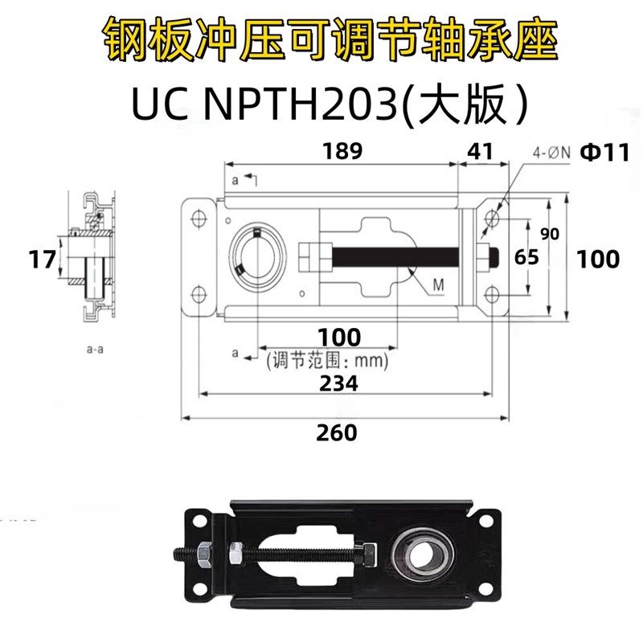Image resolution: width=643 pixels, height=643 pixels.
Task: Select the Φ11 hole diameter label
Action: [604, 153]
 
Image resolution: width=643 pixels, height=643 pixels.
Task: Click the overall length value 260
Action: [337, 432]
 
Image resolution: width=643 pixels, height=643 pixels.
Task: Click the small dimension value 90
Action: [549, 234]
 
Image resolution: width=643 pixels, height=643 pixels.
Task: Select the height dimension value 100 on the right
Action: [599, 259]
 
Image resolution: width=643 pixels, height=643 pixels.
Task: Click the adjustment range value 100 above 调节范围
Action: [339, 337]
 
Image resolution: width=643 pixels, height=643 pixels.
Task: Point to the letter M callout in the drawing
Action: [439, 284]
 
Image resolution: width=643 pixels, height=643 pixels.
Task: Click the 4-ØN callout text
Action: [550, 152]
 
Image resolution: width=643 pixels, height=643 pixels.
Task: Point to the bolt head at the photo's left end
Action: [178, 552]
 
